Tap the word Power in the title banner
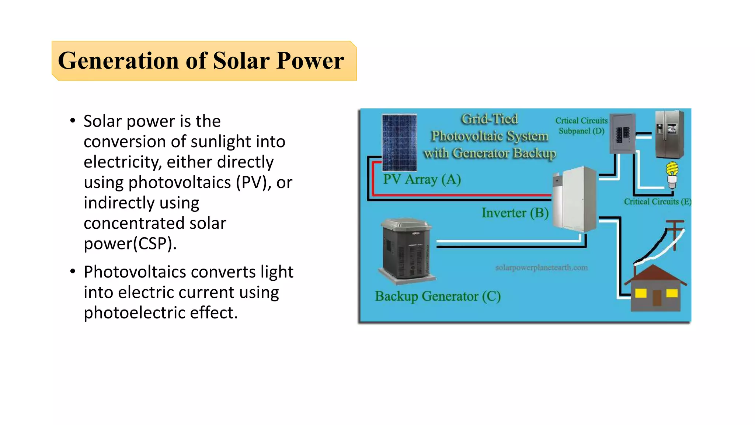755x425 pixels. (x=310, y=61)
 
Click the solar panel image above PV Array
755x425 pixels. (x=399, y=142)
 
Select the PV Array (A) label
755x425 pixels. (x=422, y=180)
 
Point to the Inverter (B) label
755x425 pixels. (x=515, y=213)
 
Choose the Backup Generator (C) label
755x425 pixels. (x=438, y=296)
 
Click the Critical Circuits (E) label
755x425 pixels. (x=657, y=202)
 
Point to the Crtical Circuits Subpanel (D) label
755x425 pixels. (x=581, y=126)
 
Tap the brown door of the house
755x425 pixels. (x=657, y=298)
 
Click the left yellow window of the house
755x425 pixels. (x=641, y=293)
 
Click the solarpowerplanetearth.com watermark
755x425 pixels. (x=541, y=267)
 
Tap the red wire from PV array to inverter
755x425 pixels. (x=461, y=194)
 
